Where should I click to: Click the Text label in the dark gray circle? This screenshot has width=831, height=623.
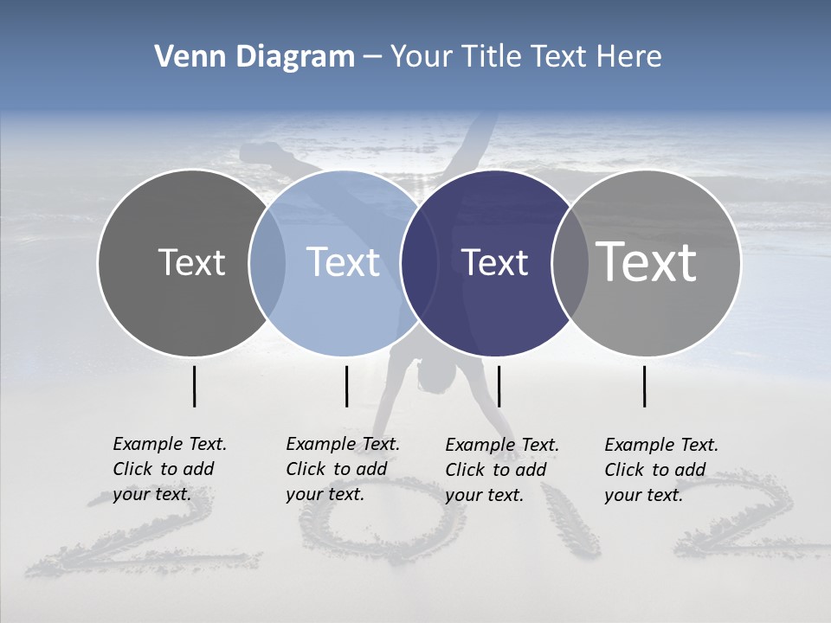(191, 262)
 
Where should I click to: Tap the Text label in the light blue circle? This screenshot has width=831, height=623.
(344, 262)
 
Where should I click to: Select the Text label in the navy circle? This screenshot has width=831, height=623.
(495, 263)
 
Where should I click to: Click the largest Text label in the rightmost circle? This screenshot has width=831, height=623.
(647, 261)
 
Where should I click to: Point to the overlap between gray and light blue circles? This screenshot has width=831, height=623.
(267, 263)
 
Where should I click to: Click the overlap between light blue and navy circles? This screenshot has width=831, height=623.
(419, 263)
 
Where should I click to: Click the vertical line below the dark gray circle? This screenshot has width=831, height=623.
(195, 386)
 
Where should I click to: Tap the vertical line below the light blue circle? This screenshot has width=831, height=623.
(346, 386)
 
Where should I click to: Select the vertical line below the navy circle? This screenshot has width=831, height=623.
(499, 386)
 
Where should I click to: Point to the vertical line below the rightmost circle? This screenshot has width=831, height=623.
(645, 386)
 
